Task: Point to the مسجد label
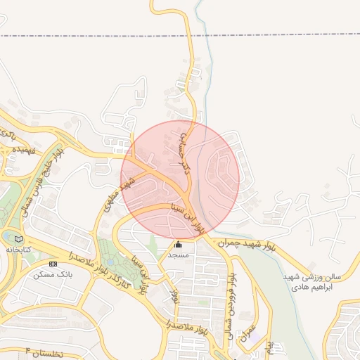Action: (178, 255)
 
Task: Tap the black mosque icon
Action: (178, 244)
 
